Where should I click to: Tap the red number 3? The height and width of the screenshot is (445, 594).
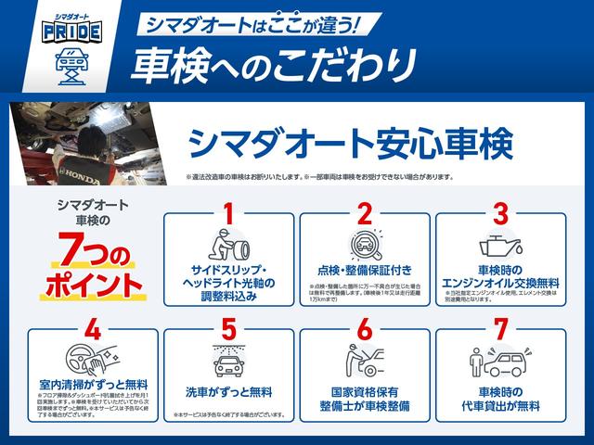pyautogui.click(x=500, y=214)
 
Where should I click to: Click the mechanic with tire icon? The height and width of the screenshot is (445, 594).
pyautogui.click(x=228, y=246)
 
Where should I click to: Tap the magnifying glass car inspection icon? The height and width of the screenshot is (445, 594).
pyautogui.click(x=365, y=246)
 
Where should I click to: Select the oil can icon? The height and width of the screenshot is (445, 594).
pyautogui.click(x=500, y=246)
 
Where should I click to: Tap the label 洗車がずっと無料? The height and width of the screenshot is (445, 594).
pyautogui.click(x=228, y=392)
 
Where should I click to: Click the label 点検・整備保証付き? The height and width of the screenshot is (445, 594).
pyautogui.click(x=365, y=272)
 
